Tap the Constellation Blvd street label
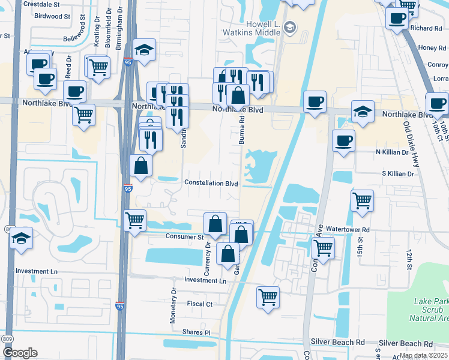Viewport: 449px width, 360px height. click(x=211, y=183)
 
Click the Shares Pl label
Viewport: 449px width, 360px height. click(x=198, y=332)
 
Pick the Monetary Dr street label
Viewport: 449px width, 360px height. click(x=173, y=305)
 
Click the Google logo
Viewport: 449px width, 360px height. click(x=20, y=352)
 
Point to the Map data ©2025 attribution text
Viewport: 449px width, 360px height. click(x=423, y=355)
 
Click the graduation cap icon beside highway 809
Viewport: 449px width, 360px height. click(x=21, y=238)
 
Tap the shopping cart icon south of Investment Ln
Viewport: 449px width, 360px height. click(x=268, y=296)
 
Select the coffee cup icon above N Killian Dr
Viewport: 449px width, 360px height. click(x=343, y=140)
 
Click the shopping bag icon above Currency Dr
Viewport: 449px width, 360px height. click(x=215, y=224)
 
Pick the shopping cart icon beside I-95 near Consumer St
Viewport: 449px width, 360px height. click(x=135, y=220)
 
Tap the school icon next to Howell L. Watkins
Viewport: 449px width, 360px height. click(x=291, y=27)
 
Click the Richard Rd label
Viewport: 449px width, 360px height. click(x=426, y=28)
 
